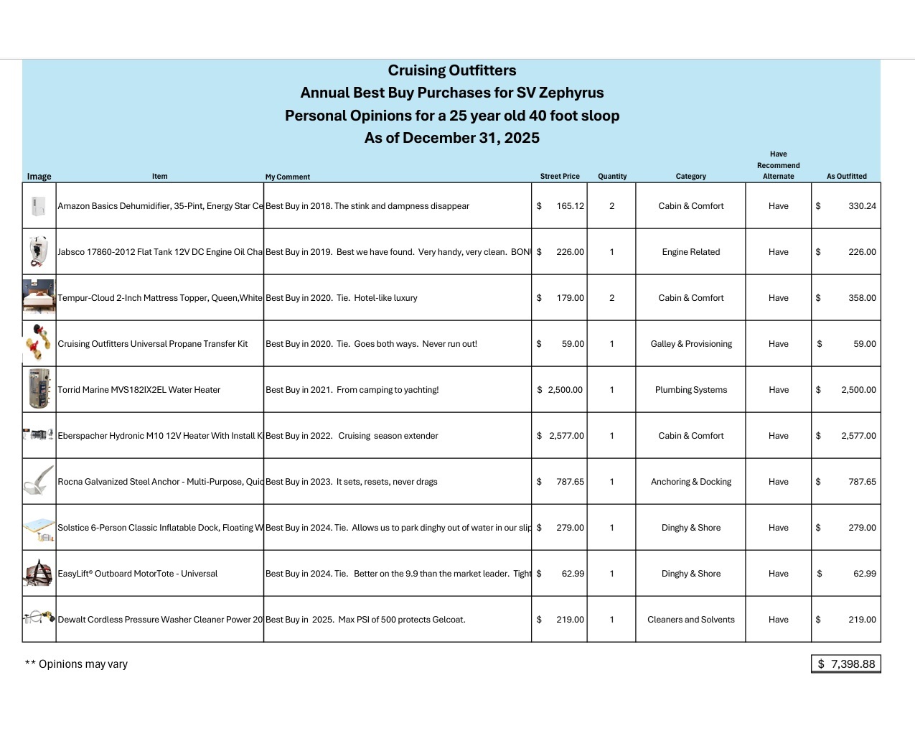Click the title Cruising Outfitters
(452, 70)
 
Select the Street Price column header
(560, 176)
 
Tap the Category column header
(690, 176)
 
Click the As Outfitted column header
(846, 176)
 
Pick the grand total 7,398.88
(852, 664)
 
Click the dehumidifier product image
(39, 207)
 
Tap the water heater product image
(39, 389)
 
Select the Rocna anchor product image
(39, 481)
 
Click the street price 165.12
(570, 206)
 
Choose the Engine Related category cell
(690, 252)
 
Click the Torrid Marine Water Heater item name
(139, 390)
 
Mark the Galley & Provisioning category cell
(691, 344)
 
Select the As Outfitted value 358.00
(862, 298)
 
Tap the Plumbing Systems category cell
(690, 390)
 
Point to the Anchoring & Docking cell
(690, 482)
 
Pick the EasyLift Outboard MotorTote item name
(137, 574)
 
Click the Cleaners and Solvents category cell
(690, 620)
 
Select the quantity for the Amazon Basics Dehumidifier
(611, 206)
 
